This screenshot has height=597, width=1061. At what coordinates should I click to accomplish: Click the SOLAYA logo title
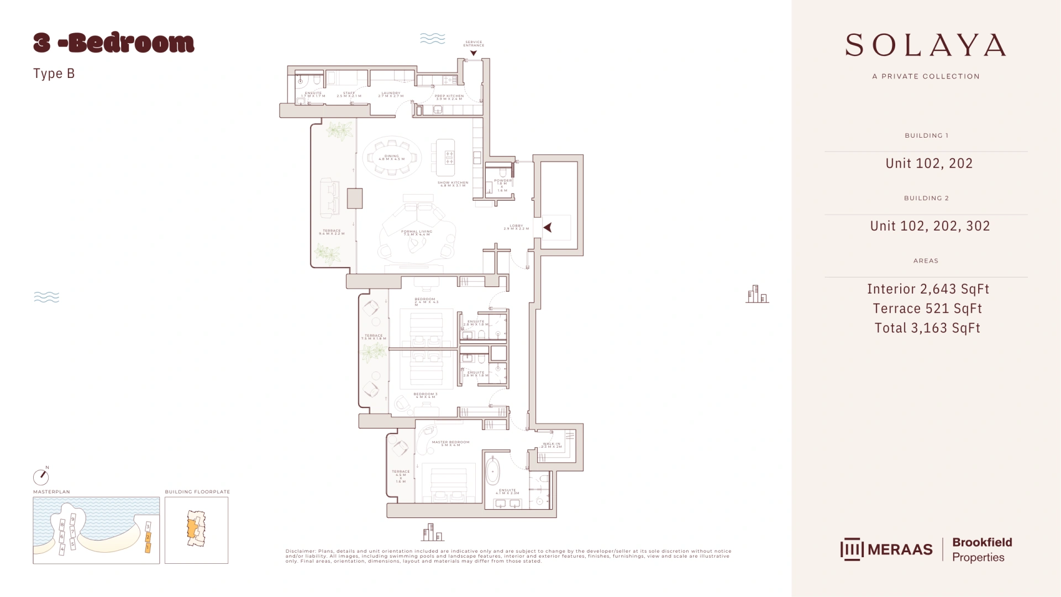click(926, 45)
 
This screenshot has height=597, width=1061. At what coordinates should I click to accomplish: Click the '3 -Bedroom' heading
click(114, 43)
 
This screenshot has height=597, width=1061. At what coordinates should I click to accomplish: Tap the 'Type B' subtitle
click(54, 74)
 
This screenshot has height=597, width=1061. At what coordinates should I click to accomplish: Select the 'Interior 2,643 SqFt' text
click(928, 289)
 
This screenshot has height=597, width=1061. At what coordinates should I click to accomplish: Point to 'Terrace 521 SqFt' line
click(927, 308)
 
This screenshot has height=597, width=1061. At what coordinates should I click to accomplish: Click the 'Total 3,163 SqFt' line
click(927, 328)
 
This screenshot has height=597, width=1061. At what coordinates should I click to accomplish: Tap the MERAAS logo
click(886, 549)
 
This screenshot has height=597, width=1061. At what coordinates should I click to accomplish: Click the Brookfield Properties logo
click(982, 549)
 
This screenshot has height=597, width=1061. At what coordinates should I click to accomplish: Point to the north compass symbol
click(41, 476)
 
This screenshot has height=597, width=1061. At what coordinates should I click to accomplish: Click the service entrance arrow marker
click(474, 54)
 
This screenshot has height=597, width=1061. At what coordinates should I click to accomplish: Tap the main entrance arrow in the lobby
click(548, 227)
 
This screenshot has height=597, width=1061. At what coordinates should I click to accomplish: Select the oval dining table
click(392, 158)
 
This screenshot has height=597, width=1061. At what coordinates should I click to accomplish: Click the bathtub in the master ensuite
click(492, 472)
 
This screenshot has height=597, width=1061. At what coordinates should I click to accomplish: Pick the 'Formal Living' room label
click(417, 233)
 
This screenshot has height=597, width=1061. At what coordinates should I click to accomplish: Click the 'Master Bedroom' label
click(450, 443)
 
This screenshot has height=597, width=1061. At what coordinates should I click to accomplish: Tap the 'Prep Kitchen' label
click(449, 97)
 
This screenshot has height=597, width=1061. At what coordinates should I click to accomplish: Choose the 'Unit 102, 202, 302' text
click(930, 226)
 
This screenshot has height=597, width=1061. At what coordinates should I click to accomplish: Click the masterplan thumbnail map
click(96, 530)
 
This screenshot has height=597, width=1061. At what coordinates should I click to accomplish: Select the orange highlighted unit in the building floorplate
click(192, 528)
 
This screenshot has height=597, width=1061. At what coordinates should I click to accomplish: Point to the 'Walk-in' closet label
click(551, 445)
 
